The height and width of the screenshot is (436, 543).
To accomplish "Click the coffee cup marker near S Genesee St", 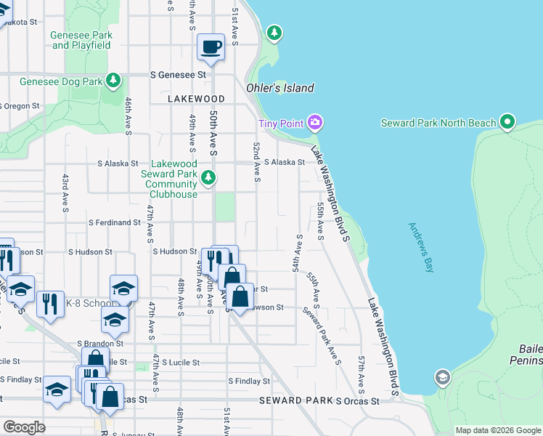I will pos(211,48).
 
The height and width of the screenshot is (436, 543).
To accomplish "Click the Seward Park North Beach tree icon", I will pos(507,122).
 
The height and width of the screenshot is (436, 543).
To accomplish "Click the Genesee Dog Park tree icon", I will pos(113,81).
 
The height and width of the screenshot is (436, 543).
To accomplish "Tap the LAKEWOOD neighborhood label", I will pos(196,98).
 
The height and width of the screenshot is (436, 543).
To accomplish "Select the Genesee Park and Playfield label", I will pos(81,40).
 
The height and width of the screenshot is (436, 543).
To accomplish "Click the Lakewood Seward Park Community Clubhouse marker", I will pos(208,177).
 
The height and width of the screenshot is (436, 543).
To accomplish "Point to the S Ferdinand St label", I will pos(114,223).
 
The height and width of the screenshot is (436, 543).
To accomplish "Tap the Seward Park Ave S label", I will pos(322,336).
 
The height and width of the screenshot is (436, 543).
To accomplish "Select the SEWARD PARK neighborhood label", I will pos(294,400).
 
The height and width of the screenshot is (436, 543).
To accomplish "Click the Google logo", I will pos(24,427).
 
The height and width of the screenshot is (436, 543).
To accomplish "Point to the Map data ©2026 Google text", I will pos(497,430).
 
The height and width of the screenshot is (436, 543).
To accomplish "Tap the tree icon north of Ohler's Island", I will pos(274,32).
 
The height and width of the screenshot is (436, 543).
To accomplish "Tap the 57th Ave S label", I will pos(361,371).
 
